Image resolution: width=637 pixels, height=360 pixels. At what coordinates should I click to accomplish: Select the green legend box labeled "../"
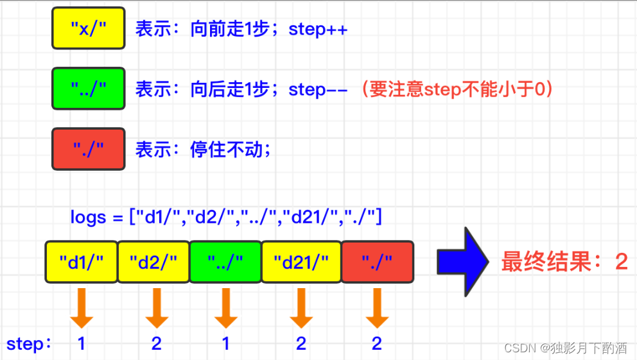(88, 89)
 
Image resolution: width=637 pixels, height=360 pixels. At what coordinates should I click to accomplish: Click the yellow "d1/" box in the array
(81, 262)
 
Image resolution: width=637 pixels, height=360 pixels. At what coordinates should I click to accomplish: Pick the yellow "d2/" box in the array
(153, 262)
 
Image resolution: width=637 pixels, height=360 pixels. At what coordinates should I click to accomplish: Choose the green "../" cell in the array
(225, 262)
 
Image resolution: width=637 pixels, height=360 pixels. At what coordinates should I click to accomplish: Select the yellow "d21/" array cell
(301, 262)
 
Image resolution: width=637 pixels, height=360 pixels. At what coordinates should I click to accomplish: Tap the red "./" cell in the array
(377, 262)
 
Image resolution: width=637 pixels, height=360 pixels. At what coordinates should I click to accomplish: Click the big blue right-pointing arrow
(463, 261)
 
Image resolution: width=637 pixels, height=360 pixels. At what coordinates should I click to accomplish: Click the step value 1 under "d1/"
(82, 343)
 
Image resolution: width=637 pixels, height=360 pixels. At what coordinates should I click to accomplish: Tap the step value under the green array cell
(225, 343)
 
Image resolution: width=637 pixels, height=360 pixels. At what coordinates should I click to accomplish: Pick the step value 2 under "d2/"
(156, 343)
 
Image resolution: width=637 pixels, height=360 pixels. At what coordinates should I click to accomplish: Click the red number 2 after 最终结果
(620, 262)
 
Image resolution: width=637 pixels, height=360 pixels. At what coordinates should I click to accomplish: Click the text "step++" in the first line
(318, 30)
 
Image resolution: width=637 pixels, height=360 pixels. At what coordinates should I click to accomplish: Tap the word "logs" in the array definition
(88, 218)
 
